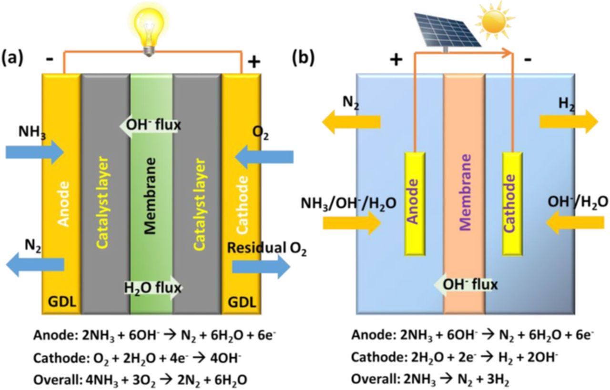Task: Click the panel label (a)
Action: [x=12, y=58]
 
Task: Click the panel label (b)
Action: [x=303, y=58]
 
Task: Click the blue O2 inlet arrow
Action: [x=264, y=156]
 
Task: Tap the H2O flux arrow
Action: [x=152, y=288]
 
